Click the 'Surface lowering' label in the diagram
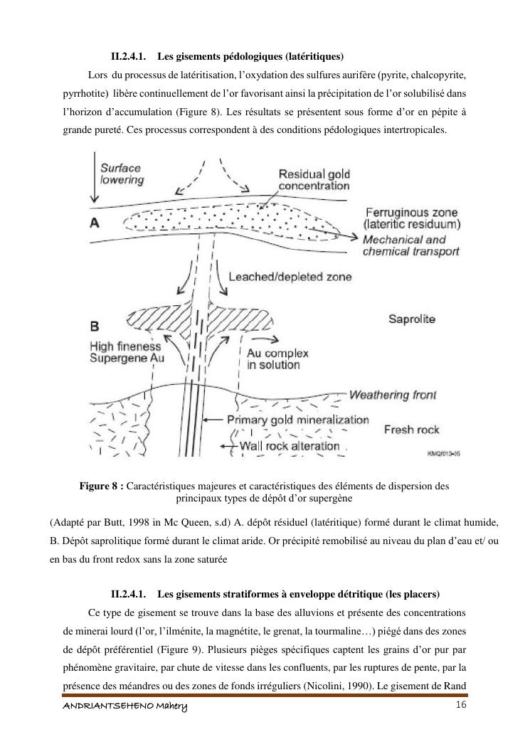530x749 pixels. click(122, 174)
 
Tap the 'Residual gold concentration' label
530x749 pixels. click(314, 180)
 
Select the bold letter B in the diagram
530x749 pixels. click(95, 326)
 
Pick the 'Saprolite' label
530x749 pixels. click(411, 319)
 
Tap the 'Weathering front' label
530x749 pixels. click(393, 395)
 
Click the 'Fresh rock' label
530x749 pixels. click(411, 430)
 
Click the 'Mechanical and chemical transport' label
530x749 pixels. click(410, 245)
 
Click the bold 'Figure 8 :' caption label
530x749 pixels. click(102, 486)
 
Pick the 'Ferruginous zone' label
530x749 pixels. click(410, 212)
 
